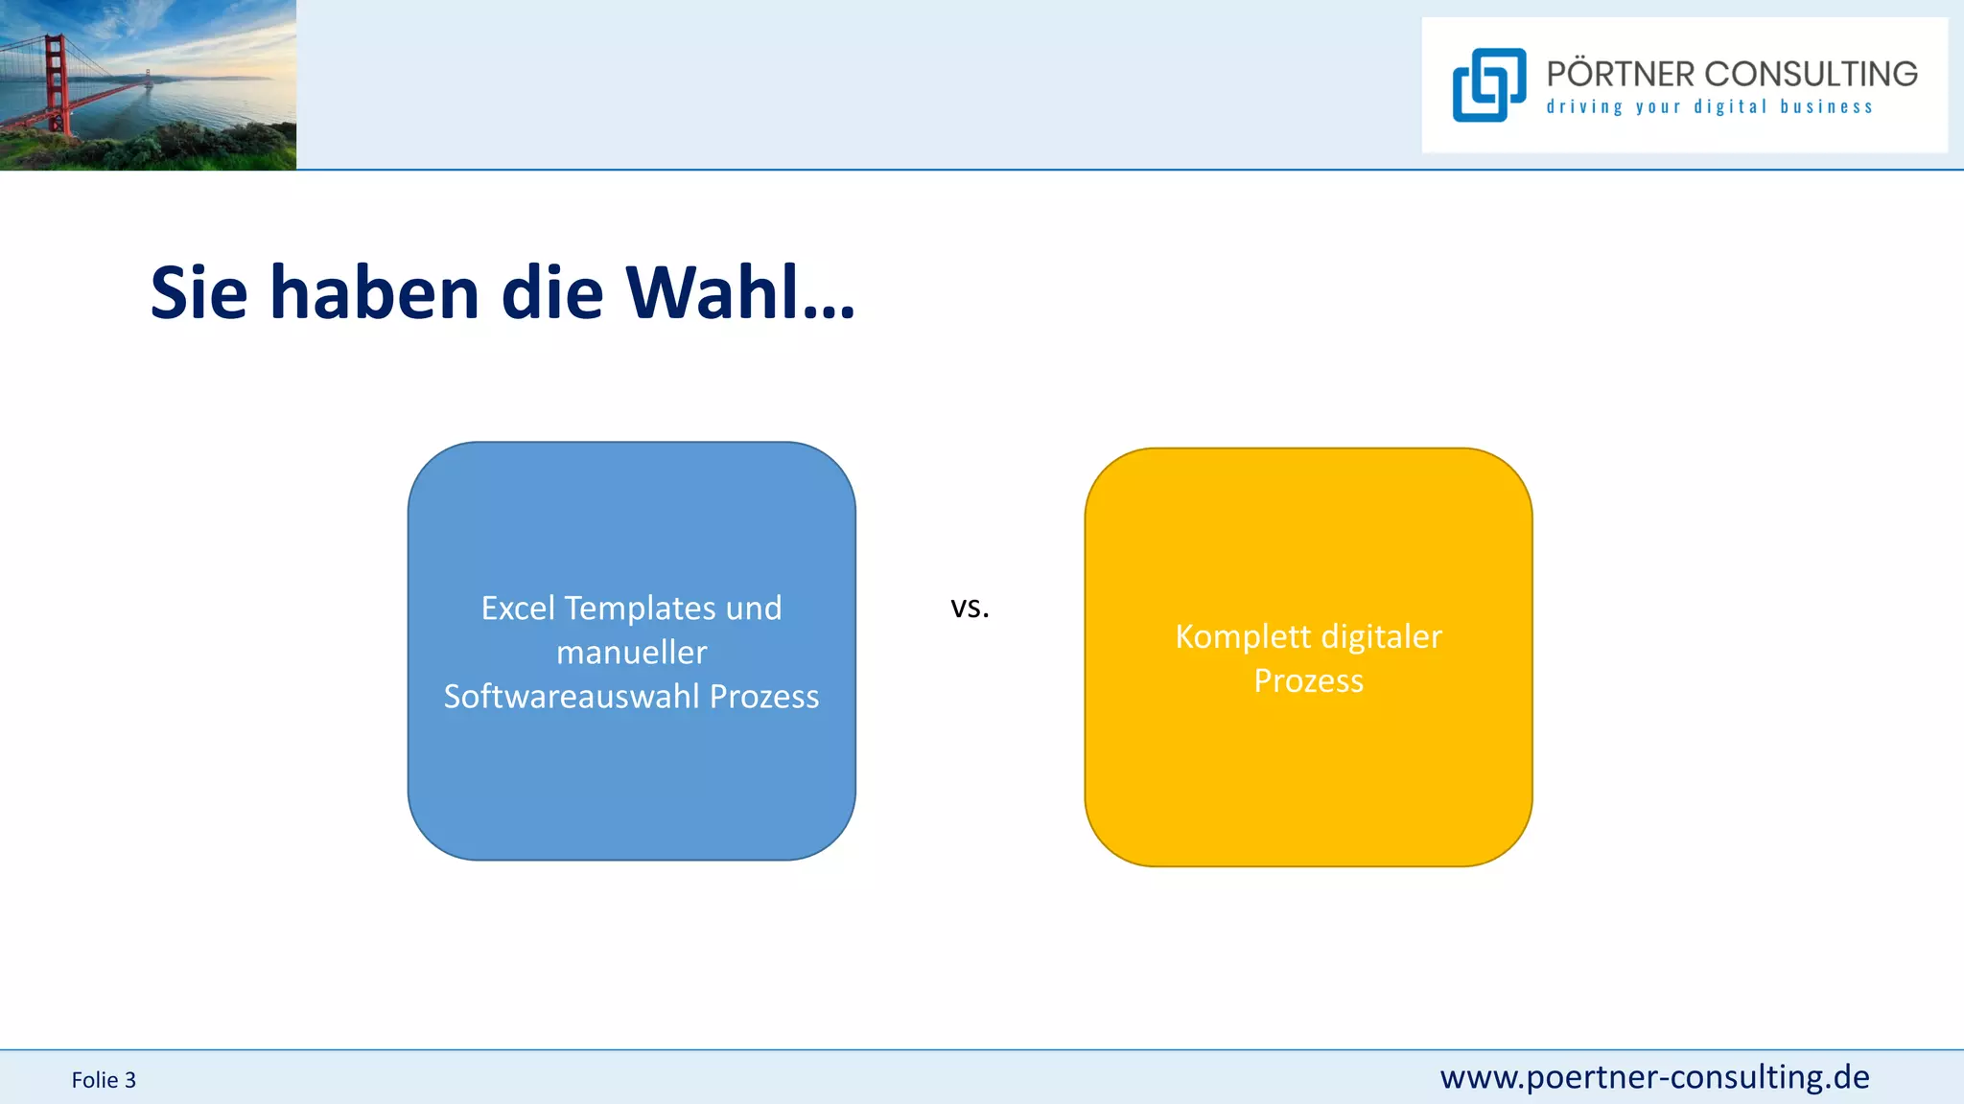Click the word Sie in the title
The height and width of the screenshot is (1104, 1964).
tap(199, 292)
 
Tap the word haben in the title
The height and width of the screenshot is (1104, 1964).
tap(374, 292)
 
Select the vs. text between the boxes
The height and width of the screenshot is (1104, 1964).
tap(970, 607)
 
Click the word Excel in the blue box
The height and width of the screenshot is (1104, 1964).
tap(518, 609)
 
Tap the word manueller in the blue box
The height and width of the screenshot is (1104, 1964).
tap(631, 653)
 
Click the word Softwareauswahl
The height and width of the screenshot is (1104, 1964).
tap(572, 697)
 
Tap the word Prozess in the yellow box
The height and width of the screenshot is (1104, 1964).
tap(1308, 680)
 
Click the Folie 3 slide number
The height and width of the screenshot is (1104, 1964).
tap(104, 1080)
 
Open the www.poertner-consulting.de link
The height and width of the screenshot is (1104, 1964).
tap(1654, 1077)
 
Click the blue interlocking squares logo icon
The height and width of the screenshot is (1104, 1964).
tap(1488, 85)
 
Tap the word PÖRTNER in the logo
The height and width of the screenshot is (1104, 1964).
tap(1620, 74)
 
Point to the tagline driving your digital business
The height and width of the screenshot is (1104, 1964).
tap(1709, 107)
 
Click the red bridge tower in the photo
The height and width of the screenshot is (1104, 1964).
tap(57, 81)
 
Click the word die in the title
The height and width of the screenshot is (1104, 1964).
tap(552, 292)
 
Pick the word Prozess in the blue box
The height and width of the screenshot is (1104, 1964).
tap(764, 697)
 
